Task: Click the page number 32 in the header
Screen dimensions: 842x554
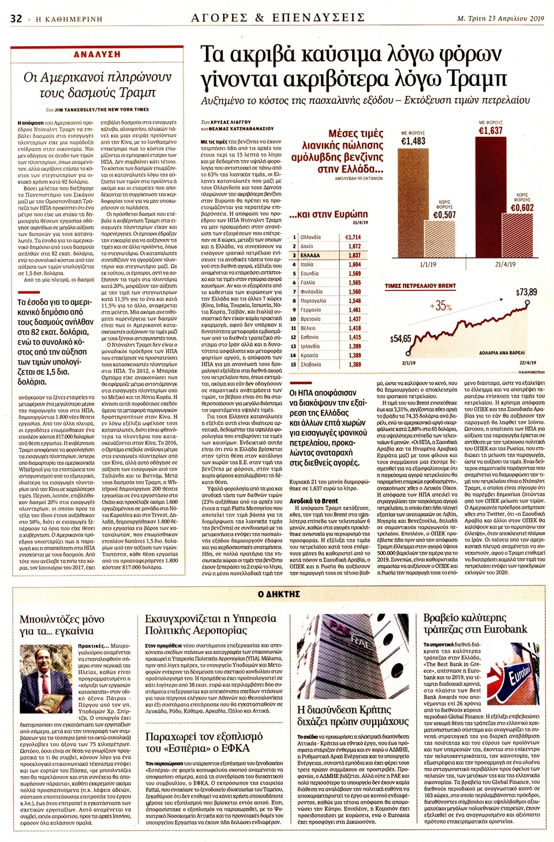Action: click(16, 18)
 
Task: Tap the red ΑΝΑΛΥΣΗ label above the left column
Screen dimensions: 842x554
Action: click(97, 54)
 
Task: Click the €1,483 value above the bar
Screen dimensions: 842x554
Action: click(413, 141)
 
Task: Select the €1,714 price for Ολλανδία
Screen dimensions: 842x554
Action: click(353, 237)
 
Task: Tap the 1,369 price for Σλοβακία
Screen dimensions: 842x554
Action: click(354, 364)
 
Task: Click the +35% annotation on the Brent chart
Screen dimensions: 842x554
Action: click(441, 306)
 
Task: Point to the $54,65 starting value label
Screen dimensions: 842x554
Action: click(400, 339)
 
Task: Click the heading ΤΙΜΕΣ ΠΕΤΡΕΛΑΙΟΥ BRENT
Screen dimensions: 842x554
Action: click(420, 286)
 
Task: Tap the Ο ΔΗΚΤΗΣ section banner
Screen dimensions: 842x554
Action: click(279, 594)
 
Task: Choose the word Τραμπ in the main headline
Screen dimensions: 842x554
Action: click(467, 79)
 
